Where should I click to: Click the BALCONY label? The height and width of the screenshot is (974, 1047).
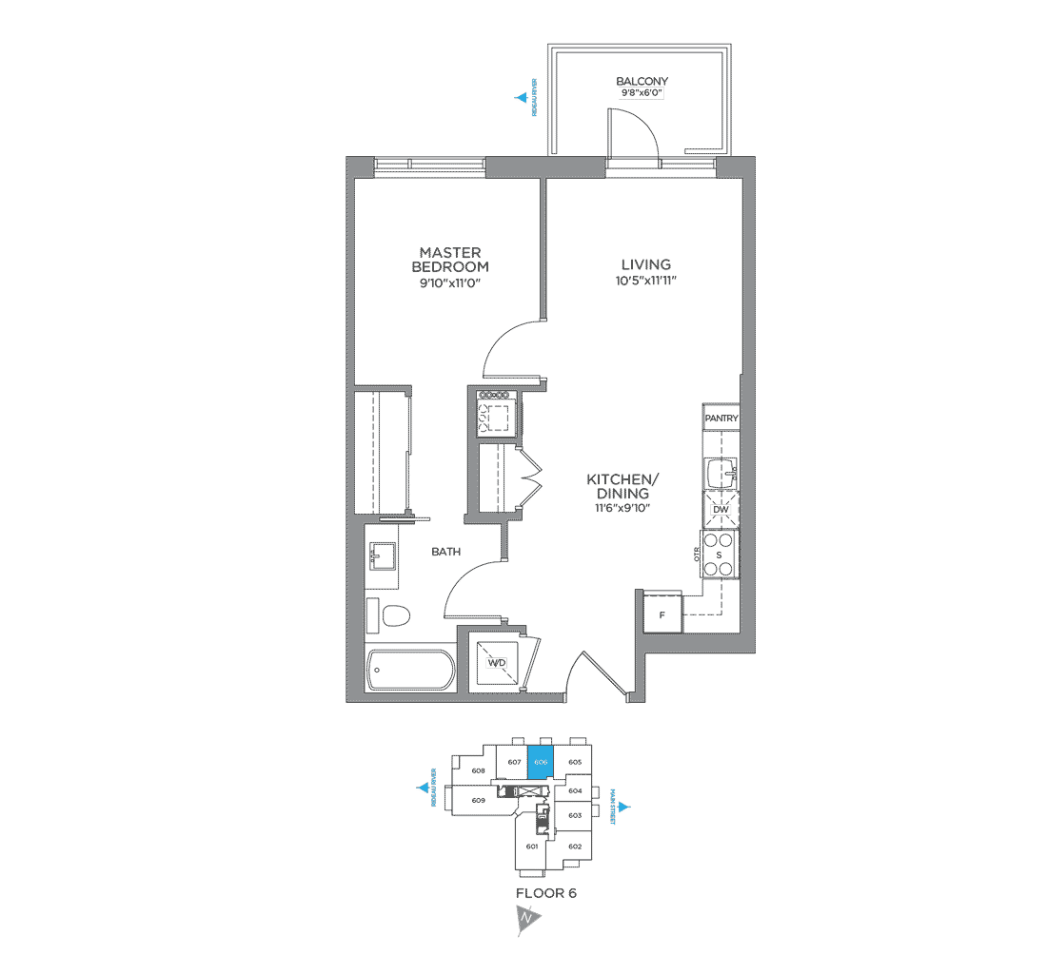coord(642,82)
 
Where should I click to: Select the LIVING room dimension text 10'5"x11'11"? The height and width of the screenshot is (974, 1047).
coord(646,281)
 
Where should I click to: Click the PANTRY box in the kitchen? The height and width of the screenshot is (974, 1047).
coord(721,419)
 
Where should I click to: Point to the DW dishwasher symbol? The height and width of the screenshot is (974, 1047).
coord(721,510)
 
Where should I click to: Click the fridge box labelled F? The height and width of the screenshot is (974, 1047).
coord(661,614)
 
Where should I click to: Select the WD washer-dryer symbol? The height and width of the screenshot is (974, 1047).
coord(497,662)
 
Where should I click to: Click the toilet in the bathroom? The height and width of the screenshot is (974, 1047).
coord(390,617)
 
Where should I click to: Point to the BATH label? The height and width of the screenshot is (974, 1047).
coord(446,552)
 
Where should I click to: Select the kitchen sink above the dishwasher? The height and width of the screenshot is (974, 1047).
coord(721,472)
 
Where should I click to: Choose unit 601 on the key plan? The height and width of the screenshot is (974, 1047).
coord(532,846)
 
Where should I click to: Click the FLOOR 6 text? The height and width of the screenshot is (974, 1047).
coord(545,893)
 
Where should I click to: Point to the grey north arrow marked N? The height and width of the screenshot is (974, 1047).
coord(525,919)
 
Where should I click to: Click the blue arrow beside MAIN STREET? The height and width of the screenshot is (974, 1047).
coord(627,808)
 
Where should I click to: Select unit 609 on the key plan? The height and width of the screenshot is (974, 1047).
coord(478,801)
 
